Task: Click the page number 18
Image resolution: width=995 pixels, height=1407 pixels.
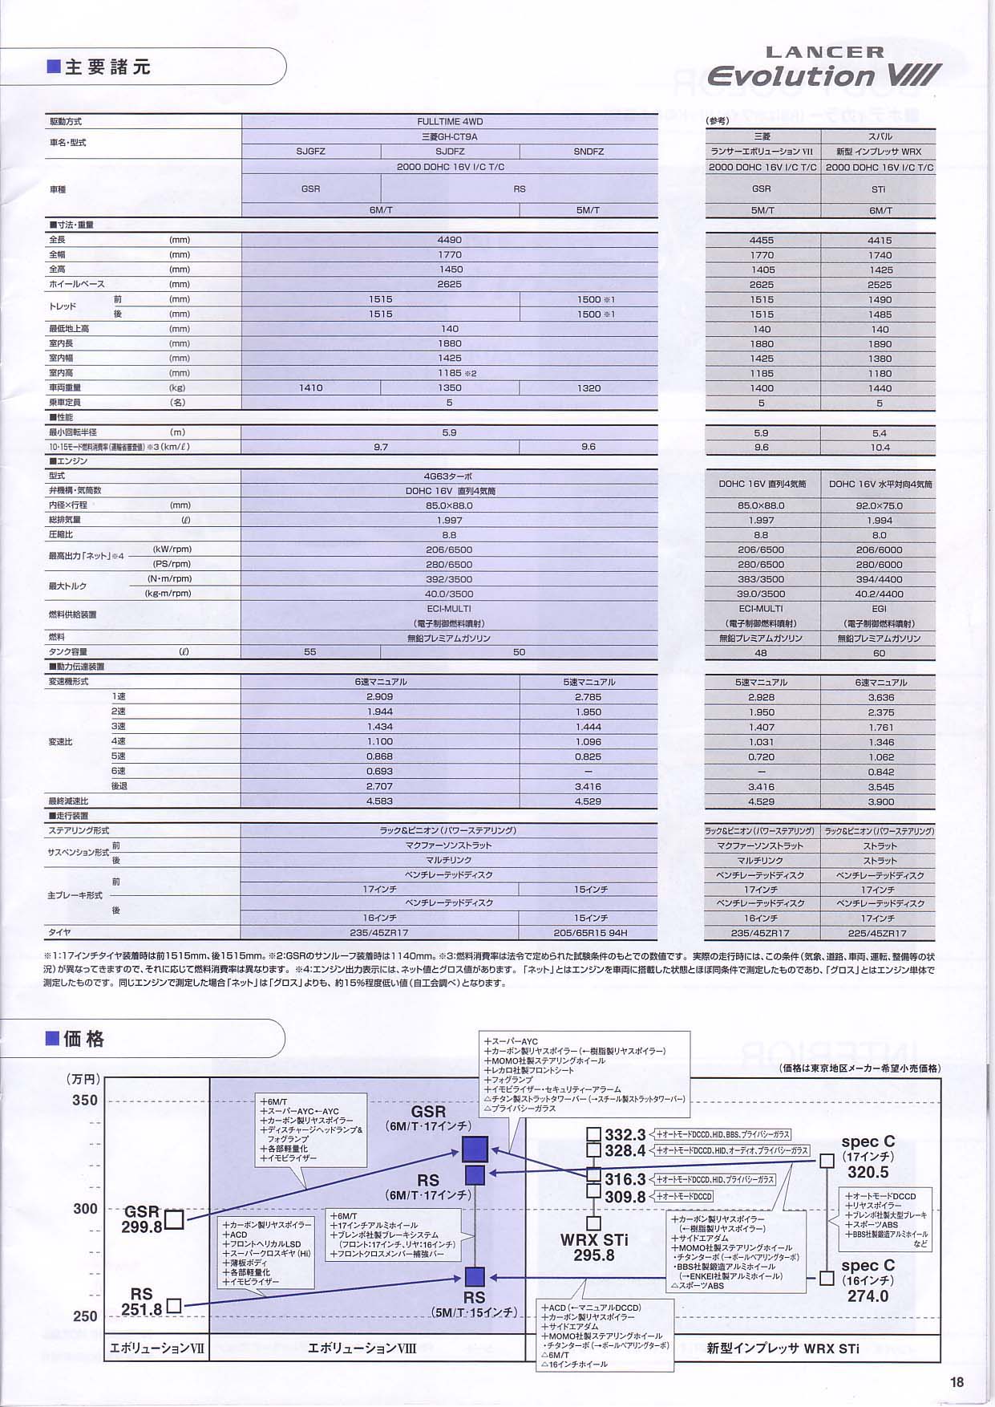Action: pyautogui.click(x=957, y=1381)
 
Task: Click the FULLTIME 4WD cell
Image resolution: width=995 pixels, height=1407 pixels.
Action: pyautogui.click(x=450, y=122)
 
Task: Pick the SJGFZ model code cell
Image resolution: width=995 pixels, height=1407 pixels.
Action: pyautogui.click(x=311, y=152)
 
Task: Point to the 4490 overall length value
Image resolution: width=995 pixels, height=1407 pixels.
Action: pyautogui.click(x=450, y=240)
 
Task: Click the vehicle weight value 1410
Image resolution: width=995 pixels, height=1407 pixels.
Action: pyautogui.click(x=311, y=388)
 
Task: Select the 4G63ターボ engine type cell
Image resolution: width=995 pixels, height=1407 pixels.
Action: pyautogui.click(x=450, y=476)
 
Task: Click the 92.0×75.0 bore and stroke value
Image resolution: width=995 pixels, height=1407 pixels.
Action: pyautogui.click(x=880, y=506)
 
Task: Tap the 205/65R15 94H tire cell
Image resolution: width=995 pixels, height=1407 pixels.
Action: pyautogui.click(x=589, y=933)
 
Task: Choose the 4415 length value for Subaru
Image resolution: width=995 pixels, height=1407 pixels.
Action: pyautogui.click(x=880, y=241)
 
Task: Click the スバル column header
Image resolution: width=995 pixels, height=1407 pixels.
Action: pyautogui.click(x=880, y=137)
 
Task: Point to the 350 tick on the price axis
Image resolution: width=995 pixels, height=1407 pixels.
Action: pyautogui.click(x=84, y=1101)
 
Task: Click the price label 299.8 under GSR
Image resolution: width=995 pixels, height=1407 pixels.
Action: pyautogui.click(x=142, y=1227)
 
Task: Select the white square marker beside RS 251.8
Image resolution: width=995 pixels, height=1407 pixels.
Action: pyautogui.click(x=174, y=1306)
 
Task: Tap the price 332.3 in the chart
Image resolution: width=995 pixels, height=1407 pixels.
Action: pyautogui.click(x=625, y=1135)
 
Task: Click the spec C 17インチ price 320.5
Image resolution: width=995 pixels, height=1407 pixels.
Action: pyautogui.click(x=868, y=1172)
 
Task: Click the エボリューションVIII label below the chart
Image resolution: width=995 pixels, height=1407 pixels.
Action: pyautogui.click(x=362, y=1348)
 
